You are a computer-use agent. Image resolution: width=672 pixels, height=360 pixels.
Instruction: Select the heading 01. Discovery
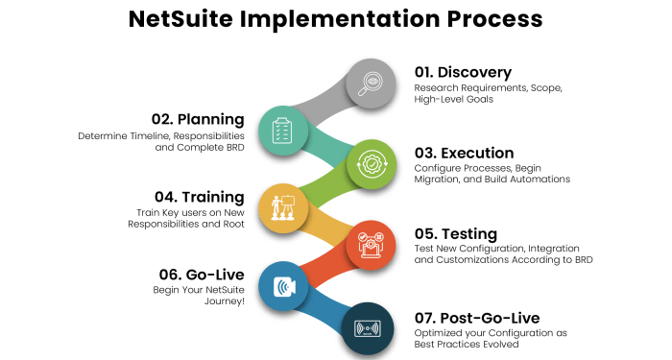[x=463, y=72]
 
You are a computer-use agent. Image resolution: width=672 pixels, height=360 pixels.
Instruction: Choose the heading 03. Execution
[x=464, y=153]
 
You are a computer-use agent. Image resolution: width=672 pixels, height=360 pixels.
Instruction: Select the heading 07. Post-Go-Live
[x=478, y=317]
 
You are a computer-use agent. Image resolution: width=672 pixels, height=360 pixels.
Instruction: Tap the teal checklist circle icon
[x=282, y=129]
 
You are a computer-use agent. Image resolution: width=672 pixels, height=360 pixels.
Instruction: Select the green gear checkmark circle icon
[x=369, y=162]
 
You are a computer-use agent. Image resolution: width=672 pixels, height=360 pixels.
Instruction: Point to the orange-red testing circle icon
[x=369, y=244]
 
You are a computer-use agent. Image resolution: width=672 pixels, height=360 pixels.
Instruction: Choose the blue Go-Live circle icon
[x=282, y=285]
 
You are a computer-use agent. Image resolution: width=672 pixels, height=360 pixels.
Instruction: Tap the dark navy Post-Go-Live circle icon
[x=369, y=325]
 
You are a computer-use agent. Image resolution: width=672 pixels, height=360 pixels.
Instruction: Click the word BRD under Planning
[x=232, y=150]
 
